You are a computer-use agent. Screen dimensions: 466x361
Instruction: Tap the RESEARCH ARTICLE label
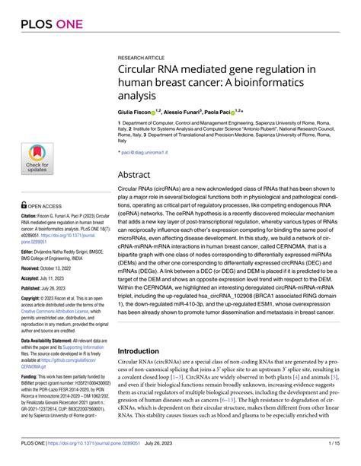point(142,57)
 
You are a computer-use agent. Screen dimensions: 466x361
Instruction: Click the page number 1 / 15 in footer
point(341,454)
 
